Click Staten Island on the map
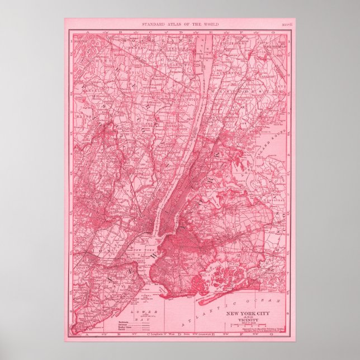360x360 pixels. tap(112, 280)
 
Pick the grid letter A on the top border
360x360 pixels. tap(87, 33)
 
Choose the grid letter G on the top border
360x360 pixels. tap(272, 33)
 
